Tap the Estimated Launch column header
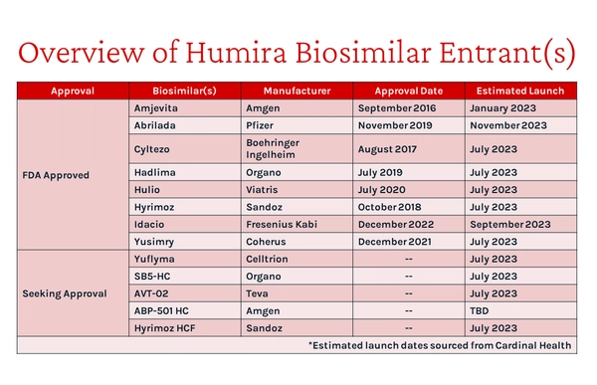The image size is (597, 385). pyautogui.click(x=519, y=92)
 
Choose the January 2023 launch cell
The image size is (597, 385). pyautogui.click(x=503, y=107)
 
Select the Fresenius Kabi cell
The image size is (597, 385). pyautogui.click(x=280, y=224)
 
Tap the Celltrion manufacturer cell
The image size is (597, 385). pyautogui.click(x=266, y=259)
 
